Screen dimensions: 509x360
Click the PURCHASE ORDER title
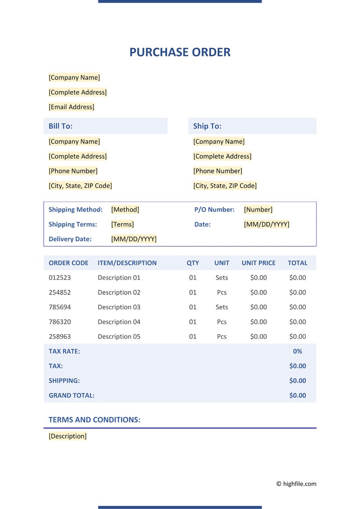coord(180,52)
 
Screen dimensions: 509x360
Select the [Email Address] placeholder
coord(71,107)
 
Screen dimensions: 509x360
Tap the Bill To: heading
coord(60,126)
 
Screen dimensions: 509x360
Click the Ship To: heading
coord(207,126)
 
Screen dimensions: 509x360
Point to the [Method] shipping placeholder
coord(125,210)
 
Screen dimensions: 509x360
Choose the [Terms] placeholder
coord(122,224)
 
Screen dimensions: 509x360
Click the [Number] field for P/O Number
coord(258,210)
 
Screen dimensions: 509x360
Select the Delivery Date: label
coord(70,239)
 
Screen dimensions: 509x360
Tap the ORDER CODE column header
coord(68,263)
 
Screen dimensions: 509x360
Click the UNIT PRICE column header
coord(258,263)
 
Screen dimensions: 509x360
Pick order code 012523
coord(60,277)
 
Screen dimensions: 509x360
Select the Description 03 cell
coord(119,307)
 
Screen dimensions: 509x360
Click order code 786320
coord(60,322)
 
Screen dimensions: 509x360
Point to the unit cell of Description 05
coord(222,337)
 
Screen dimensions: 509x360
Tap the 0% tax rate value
coord(297,351)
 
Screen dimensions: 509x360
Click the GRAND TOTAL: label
coord(71,395)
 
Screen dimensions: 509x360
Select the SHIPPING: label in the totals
coord(64,381)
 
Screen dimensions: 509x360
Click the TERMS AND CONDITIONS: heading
coord(94,419)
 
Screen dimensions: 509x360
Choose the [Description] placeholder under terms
coord(67,436)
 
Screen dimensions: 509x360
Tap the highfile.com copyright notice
coord(296,484)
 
